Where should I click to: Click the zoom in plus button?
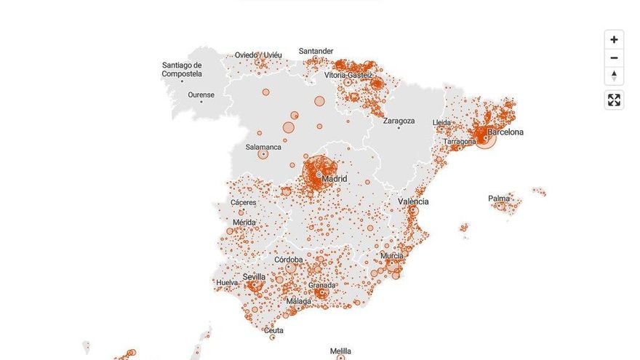coord(614,39)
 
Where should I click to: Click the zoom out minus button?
coord(614,58)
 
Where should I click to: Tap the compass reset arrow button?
coord(614,76)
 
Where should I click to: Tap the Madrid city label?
coord(335,179)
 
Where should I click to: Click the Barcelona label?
coord(505,132)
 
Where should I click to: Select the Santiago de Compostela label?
coord(182,70)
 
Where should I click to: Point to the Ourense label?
coord(201,95)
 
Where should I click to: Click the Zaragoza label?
coord(399,121)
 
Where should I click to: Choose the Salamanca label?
coord(263,147)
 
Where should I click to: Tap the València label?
coord(413,201)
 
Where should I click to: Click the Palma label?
coord(499,199)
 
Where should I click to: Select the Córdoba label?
coord(289,260)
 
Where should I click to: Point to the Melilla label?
coord(340,351)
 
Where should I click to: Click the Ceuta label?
coord(273,330)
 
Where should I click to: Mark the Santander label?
coord(316,52)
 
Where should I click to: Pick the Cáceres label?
coord(244,202)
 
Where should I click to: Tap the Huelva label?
coord(227,282)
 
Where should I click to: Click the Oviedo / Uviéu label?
coord(258,55)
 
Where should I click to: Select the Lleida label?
coord(441,122)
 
